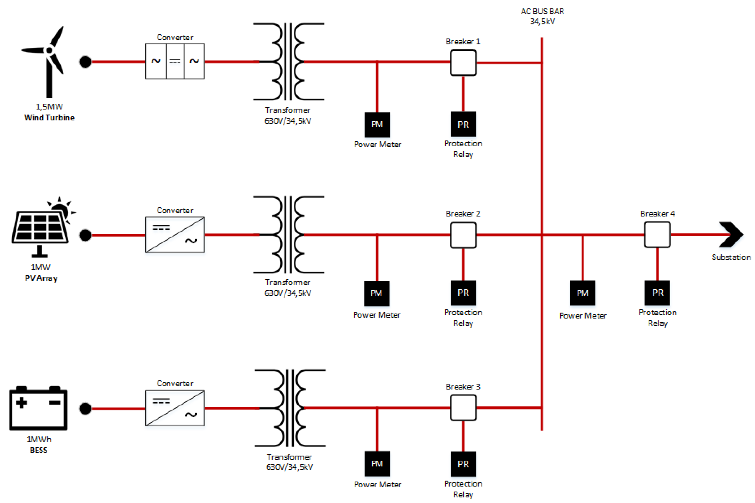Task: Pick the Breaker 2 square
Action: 463,235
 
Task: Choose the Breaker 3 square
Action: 463,407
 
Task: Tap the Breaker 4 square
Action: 657,235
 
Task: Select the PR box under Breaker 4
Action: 657,293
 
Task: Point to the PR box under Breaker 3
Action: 463,464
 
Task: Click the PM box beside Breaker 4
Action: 582,293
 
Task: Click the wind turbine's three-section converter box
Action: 175,61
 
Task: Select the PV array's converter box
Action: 175,235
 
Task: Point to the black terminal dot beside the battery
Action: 85,408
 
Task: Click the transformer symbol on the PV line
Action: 288,235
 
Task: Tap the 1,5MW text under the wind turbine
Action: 49,106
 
